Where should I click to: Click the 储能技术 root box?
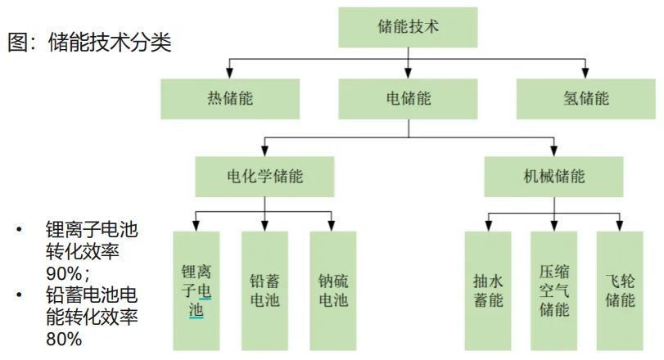(408, 26)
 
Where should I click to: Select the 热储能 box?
(230, 99)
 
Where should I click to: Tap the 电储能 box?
(408, 99)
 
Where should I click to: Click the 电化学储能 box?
(264, 176)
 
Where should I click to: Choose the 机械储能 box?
(553, 176)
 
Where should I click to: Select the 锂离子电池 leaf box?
(196, 290)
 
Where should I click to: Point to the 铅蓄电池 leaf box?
(264, 290)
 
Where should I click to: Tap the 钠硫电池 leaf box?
(332, 290)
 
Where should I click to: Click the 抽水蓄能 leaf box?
(488, 290)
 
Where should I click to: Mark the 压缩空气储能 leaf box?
(553, 290)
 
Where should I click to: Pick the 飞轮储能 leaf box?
(620, 290)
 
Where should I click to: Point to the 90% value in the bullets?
(62, 272)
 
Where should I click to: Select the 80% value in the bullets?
(62, 338)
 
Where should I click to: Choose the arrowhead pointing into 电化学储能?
(264, 151)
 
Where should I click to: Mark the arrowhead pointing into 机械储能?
(553, 151)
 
